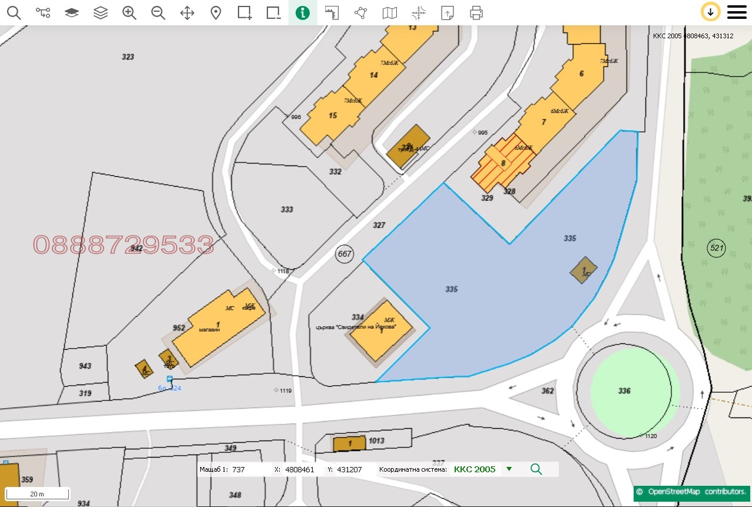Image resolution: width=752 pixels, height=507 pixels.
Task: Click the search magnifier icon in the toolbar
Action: coord(14,12)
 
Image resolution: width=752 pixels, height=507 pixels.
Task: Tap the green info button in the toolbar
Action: coord(303,12)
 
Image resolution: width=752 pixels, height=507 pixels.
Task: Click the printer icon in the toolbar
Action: coord(476,12)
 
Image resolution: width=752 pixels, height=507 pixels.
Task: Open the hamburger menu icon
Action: coord(737,12)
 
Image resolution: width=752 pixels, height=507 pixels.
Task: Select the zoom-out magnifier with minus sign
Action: coord(158,12)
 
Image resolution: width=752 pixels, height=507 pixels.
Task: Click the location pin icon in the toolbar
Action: coord(216,12)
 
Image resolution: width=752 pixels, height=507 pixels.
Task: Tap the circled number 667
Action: coord(344,254)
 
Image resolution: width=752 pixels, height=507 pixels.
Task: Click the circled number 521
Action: coord(716,248)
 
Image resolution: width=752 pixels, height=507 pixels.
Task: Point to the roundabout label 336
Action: coord(624,391)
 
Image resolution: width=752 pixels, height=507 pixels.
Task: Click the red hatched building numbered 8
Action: coord(502,163)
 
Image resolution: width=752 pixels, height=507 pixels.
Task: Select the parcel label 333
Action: coord(287,210)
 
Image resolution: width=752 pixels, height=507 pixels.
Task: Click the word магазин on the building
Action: coord(209,330)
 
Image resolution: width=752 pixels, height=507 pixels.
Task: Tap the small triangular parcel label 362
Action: coord(548,391)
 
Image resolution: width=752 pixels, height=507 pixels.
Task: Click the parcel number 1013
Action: coord(376,440)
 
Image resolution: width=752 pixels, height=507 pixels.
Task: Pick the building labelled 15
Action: coord(333,115)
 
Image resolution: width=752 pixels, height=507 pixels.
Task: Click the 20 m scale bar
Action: coord(38,493)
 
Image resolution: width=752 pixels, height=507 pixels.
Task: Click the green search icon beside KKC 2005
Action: coord(536,469)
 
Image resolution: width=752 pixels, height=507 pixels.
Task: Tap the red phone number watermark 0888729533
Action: coord(123,244)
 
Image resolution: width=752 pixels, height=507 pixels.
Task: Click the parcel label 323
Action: coord(128,57)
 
